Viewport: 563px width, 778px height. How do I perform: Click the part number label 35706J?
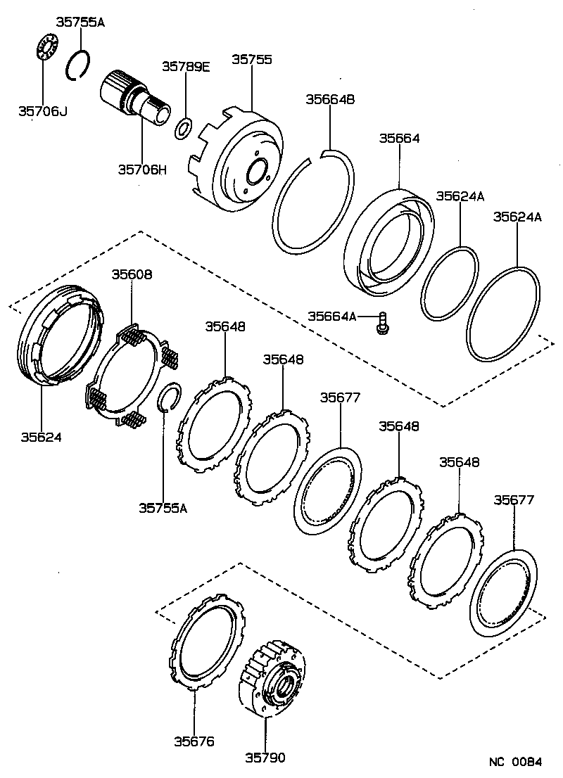pyautogui.click(x=42, y=111)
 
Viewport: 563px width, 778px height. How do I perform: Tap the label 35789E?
pyautogui.click(x=186, y=67)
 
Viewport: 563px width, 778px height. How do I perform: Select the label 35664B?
pyautogui.click(x=329, y=99)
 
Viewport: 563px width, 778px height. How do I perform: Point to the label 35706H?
pyautogui.click(x=142, y=169)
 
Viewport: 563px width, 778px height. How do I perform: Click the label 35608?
pyautogui.click(x=132, y=274)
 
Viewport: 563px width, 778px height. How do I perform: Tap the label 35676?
pyautogui.click(x=194, y=741)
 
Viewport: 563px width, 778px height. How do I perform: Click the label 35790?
pyautogui.click(x=265, y=758)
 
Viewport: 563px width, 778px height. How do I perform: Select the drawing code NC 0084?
pyautogui.click(x=517, y=762)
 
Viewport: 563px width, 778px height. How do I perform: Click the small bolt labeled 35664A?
pyautogui.click(x=384, y=323)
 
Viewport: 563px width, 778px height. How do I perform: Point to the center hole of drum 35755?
pyautogui.click(x=257, y=172)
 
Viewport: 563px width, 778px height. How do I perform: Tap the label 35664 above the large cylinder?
pyautogui.click(x=399, y=139)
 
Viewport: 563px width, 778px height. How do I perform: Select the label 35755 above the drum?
pyautogui.click(x=252, y=60)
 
